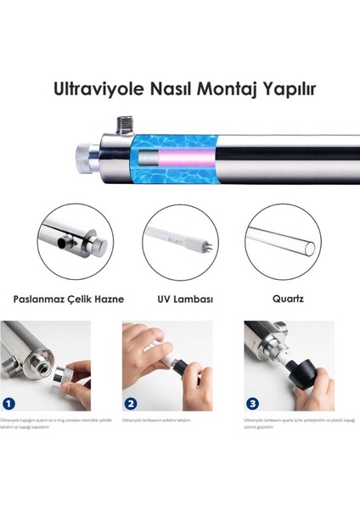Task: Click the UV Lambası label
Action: coord(179,299)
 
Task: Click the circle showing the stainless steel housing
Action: coord(73,241)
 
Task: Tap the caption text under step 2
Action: coord(157,420)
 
